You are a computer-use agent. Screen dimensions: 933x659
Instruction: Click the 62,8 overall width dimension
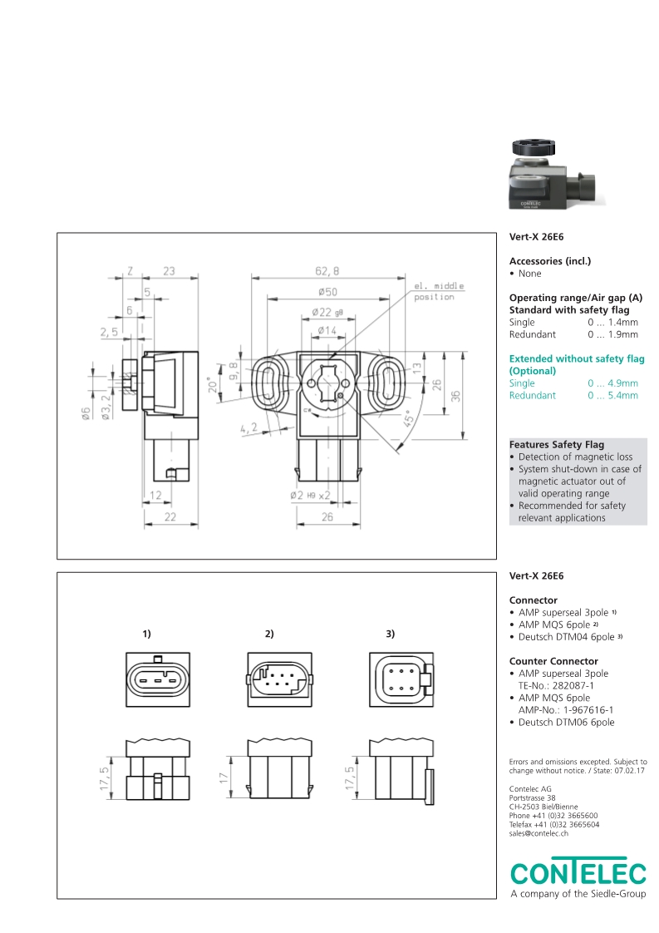(x=327, y=271)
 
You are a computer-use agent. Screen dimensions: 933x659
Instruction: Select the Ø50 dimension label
(x=327, y=292)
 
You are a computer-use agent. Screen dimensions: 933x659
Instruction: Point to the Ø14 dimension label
(x=327, y=331)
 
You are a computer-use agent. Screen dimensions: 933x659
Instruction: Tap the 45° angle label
(x=410, y=420)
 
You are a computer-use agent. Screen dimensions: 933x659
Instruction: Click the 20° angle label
(x=212, y=384)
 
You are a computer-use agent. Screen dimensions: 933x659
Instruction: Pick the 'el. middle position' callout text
(x=439, y=291)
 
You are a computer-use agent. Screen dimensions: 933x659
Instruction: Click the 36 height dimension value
(x=456, y=397)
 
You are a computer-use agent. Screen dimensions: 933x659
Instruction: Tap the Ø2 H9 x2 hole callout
(x=311, y=495)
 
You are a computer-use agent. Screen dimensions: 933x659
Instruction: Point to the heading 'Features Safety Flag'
(x=556, y=445)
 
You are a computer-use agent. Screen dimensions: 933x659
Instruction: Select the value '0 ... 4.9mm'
(x=612, y=383)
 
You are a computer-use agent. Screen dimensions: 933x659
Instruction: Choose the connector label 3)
(x=391, y=634)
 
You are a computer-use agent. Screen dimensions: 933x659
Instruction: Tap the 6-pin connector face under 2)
(x=280, y=679)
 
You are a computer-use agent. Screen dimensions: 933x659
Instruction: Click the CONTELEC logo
(x=578, y=874)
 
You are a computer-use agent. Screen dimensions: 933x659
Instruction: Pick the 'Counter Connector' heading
(x=553, y=661)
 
